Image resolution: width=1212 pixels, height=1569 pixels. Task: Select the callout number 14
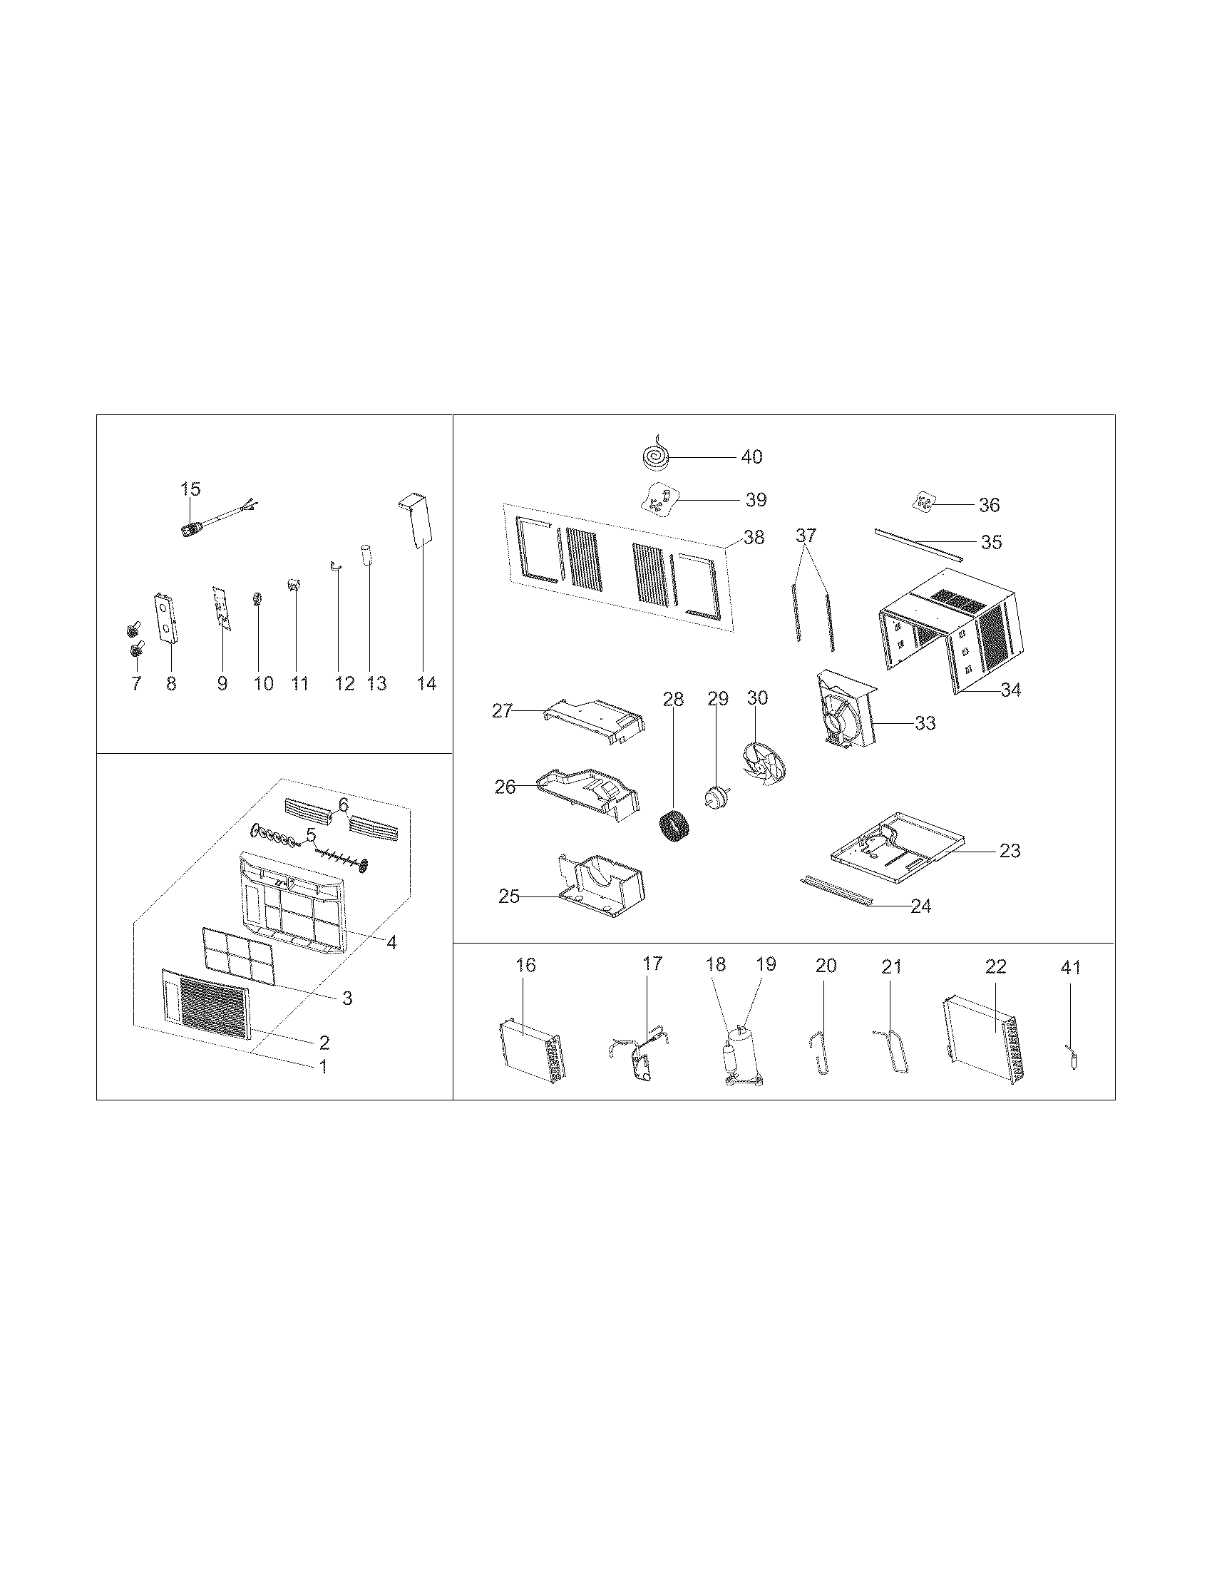[x=426, y=683]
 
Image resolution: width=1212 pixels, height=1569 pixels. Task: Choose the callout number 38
[x=754, y=536]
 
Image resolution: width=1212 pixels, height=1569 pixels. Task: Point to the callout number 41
[x=1070, y=968]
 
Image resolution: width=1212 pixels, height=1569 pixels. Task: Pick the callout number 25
[x=509, y=896]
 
